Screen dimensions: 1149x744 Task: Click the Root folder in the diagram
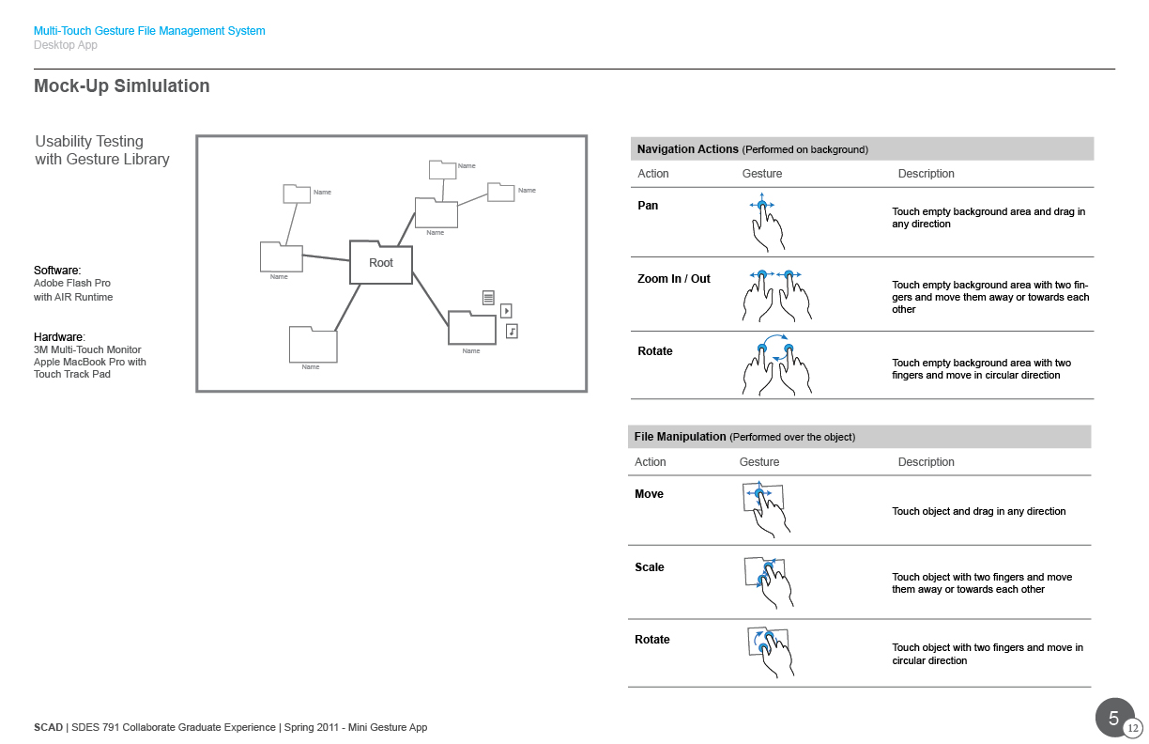[x=380, y=262]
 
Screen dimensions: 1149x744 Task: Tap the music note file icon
[x=512, y=332]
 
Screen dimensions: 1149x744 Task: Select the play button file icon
[x=506, y=311]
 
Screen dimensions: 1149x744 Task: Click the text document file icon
[x=488, y=298]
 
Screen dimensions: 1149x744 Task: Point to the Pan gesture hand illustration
[x=766, y=223]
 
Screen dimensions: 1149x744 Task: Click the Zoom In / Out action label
[x=673, y=279]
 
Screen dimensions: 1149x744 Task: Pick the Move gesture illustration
[x=766, y=509]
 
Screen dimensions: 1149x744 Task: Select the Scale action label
[x=650, y=566]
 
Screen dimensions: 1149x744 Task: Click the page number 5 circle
[x=1114, y=718]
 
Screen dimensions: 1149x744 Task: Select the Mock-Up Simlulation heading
[x=122, y=85]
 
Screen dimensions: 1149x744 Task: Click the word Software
[x=57, y=271]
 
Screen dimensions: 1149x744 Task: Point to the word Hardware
[x=59, y=337]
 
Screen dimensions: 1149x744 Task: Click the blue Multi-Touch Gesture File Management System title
[x=149, y=31]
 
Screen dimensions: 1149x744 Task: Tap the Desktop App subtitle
[x=65, y=45]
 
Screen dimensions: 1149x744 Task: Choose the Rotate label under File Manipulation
[x=652, y=639]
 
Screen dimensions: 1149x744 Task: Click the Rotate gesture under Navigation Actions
[x=776, y=364]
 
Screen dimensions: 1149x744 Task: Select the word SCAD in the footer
[x=48, y=727]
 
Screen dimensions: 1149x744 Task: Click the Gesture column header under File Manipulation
[x=759, y=462]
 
